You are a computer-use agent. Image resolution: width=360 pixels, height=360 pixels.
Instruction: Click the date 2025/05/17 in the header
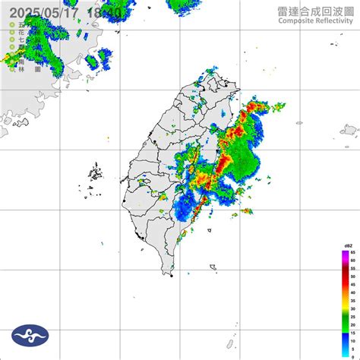pyautogui.click(x=37, y=13)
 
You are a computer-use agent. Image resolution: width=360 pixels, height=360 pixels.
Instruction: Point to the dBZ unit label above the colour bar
pyautogui.click(x=347, y=245)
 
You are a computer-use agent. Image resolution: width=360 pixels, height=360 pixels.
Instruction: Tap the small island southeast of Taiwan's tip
pyautogui.click(x=214, y=267)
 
